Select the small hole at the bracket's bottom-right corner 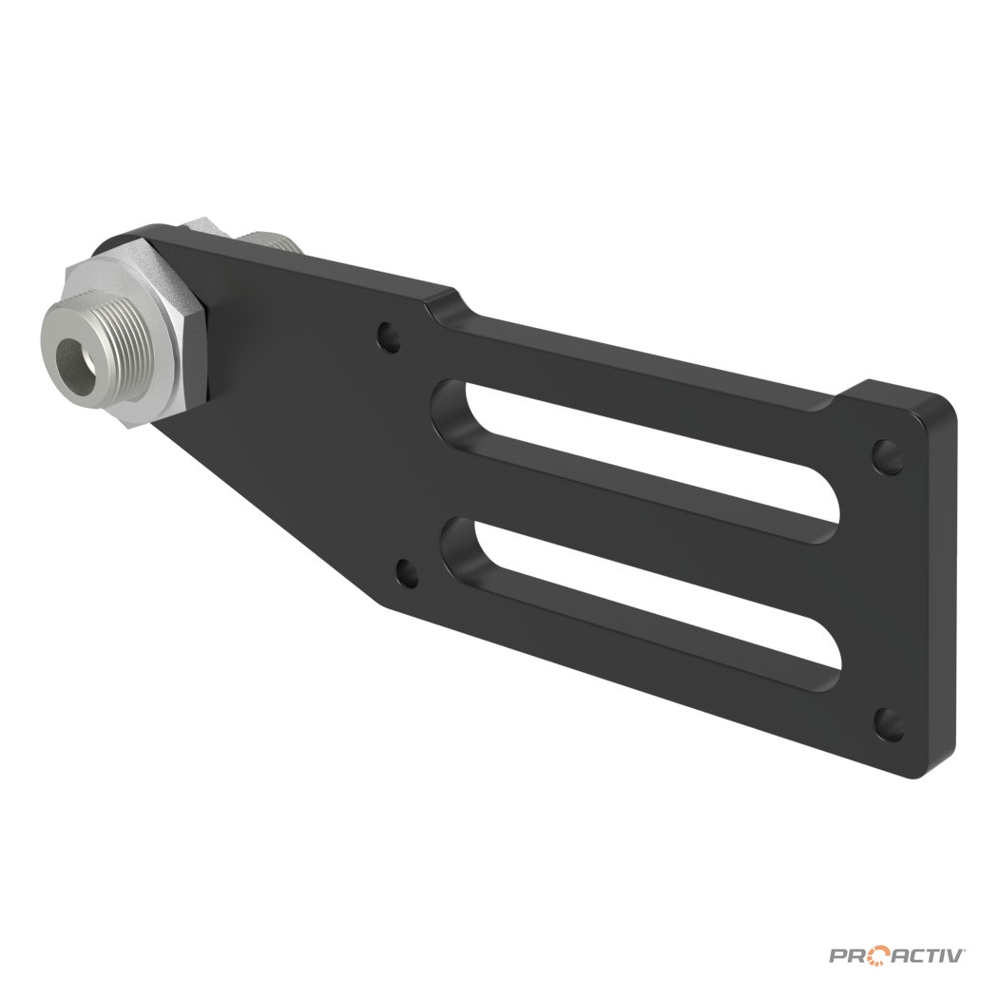point(889,724)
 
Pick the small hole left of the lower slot point(408,573)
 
